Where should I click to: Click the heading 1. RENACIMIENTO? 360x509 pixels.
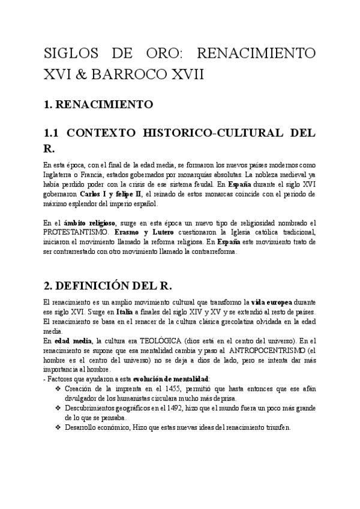click(x=99, y=104)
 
